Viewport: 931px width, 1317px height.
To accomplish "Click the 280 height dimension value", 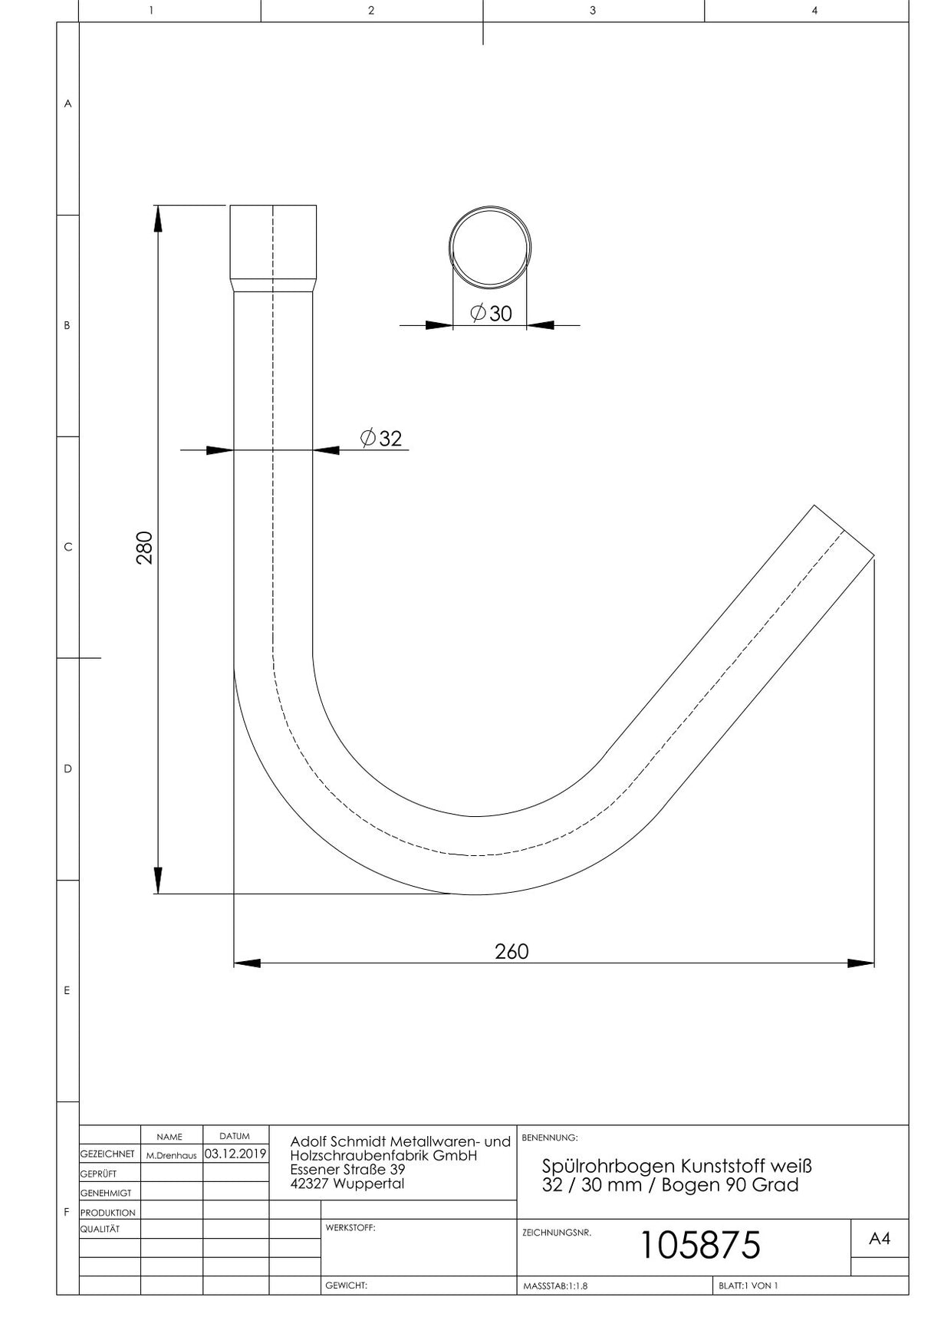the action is point(145,548).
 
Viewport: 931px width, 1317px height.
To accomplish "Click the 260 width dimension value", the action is point(512,952).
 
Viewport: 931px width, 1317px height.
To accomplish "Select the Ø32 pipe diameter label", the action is point(381,438).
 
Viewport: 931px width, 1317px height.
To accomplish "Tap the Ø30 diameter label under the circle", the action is point(491,313).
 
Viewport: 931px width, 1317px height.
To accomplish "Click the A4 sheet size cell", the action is point(880,1239).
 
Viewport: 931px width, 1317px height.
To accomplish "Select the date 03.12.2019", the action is point(235,1154).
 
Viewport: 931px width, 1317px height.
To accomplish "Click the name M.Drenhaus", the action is point(171,1155).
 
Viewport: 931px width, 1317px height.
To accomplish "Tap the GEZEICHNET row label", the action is point(107,1154).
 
